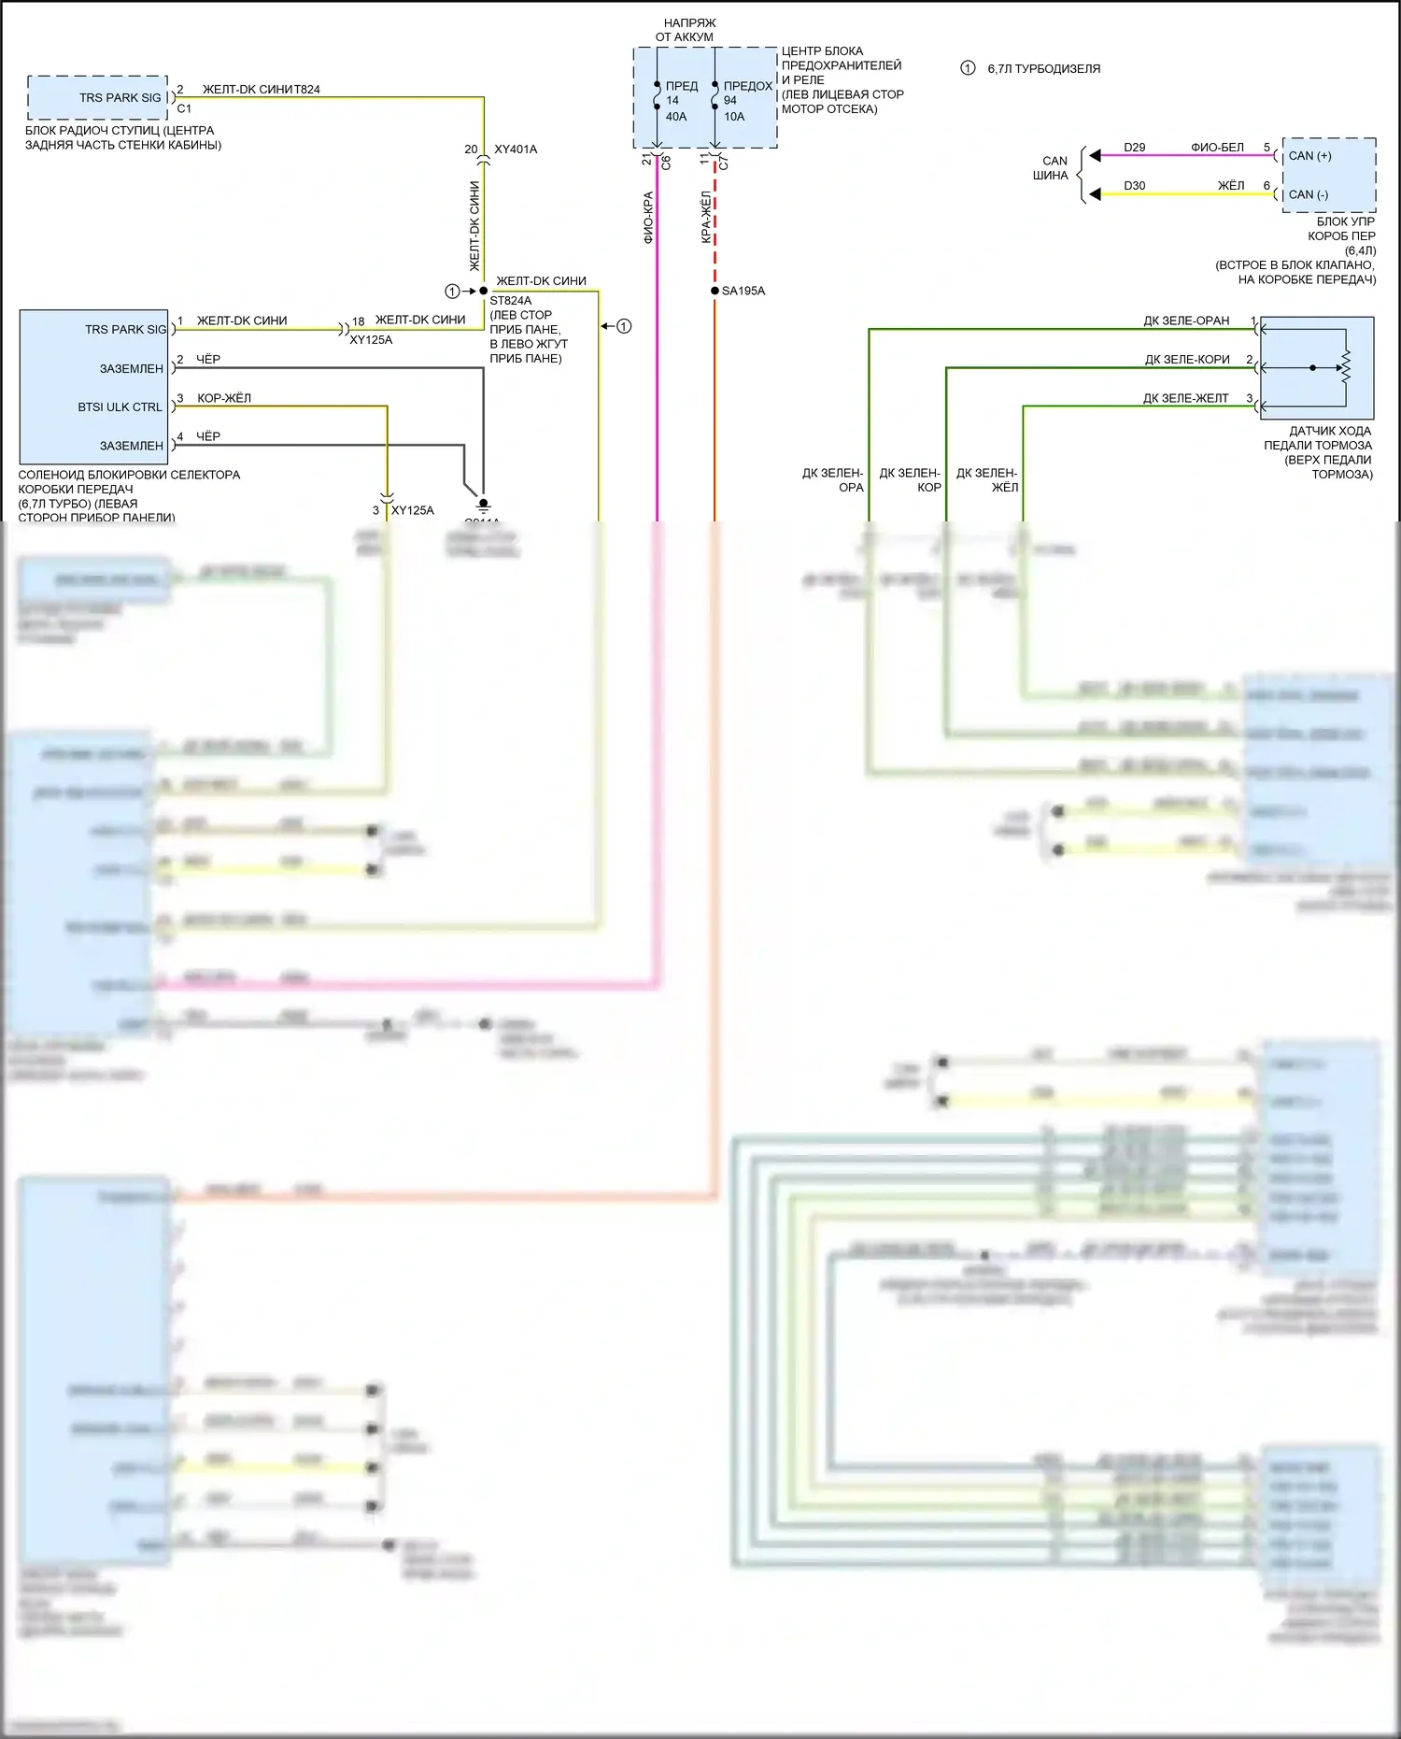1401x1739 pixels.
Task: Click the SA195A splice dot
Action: (x=715, y=291)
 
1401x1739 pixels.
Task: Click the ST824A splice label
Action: (x=510, y=301)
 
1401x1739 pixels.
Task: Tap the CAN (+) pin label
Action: (x=1309, y=156)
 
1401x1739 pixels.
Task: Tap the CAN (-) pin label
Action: (x=1308, y=194)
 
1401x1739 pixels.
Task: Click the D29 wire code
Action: (x=1134, y=148)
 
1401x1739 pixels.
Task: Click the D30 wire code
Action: (x=1134, y=186)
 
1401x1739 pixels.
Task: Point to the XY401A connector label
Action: (x=516, y=150)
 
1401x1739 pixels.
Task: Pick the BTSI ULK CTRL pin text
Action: (x=120, y=407)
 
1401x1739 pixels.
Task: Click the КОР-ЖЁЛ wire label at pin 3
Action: (x=224, y=398)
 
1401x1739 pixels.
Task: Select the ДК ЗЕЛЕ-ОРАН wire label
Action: (x=1186, y=321)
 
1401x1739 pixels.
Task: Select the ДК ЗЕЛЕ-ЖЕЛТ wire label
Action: (x=1185, y=398)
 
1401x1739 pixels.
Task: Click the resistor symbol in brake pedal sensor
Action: (x=1346, y=367)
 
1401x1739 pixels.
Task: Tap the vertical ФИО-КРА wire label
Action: (x=648, y=218)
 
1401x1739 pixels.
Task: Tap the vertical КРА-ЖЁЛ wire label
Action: (x=707, y=218)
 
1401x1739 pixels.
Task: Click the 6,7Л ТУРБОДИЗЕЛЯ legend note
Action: (x=1043, y=68)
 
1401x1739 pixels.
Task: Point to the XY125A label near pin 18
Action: (x=371, y=340)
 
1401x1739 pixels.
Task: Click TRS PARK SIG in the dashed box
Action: (x=120, y=97)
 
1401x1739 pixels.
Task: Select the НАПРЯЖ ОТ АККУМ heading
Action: (x=688, y=30)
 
